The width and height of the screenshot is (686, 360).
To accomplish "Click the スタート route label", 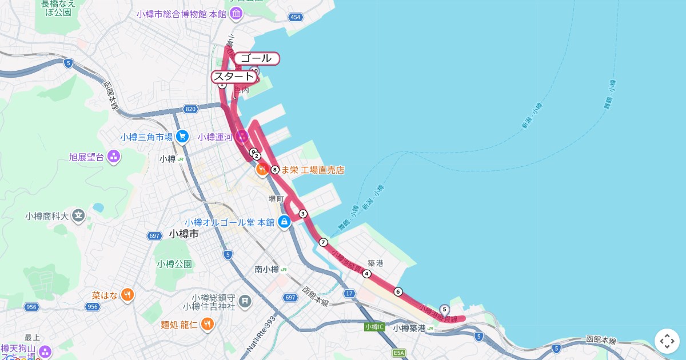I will click(233, 77).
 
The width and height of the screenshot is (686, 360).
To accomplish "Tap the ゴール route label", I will click(256, 58).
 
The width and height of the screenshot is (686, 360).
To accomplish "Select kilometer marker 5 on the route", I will click(444, 309).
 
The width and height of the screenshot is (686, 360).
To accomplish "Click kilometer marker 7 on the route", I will click(323, 242).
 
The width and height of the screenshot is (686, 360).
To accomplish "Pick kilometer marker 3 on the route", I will click(303, 214).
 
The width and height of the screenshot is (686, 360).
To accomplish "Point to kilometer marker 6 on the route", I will click(398, 291).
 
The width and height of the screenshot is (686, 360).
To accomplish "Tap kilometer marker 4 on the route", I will click(366, 274).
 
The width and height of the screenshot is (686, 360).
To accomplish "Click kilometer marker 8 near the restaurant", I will click(275, 170).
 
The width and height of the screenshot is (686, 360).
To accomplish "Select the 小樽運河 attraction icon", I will click(242, 136).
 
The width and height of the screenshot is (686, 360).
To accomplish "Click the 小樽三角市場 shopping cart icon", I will click(182, 136).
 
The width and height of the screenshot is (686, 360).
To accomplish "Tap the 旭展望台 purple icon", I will click(114, 156).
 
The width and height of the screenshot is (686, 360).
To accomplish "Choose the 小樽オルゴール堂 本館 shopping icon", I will click(284, 222).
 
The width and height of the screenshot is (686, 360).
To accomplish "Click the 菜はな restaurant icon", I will click(127, 295).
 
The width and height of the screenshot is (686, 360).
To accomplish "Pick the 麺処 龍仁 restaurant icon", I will click(208, 325).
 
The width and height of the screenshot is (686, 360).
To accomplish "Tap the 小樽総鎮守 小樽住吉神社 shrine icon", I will click(245, 301).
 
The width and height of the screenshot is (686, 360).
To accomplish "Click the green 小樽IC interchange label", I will click(374, 327).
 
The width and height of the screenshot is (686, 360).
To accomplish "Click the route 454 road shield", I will click(295, 17).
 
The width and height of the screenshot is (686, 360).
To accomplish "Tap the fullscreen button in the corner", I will click(667, 341).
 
